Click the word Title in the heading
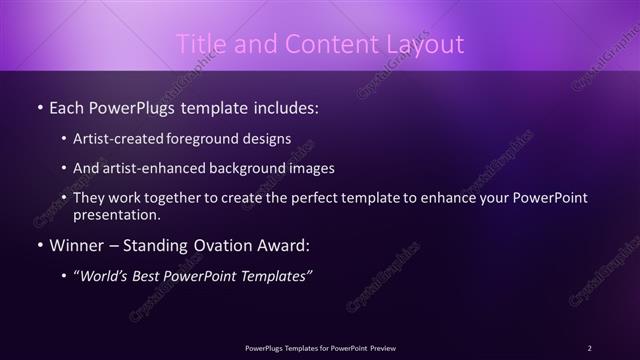click(x=199, y=44)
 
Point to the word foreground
click(x=217, y=139)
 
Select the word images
click(x=309, y=169)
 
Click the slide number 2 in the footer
click(x=590, y=348)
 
